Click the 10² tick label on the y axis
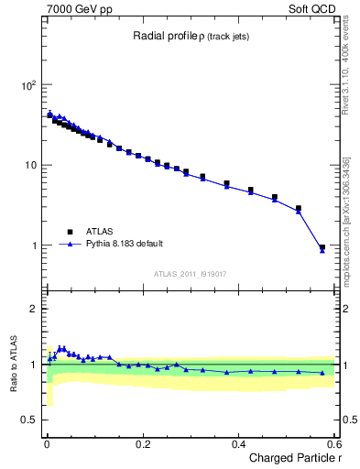28,85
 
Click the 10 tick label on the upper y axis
30,166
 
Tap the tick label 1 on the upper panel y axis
35,246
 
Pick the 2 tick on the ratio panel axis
35,309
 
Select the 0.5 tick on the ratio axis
30,420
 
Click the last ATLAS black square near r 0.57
322,247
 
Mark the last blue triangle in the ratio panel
322,373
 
